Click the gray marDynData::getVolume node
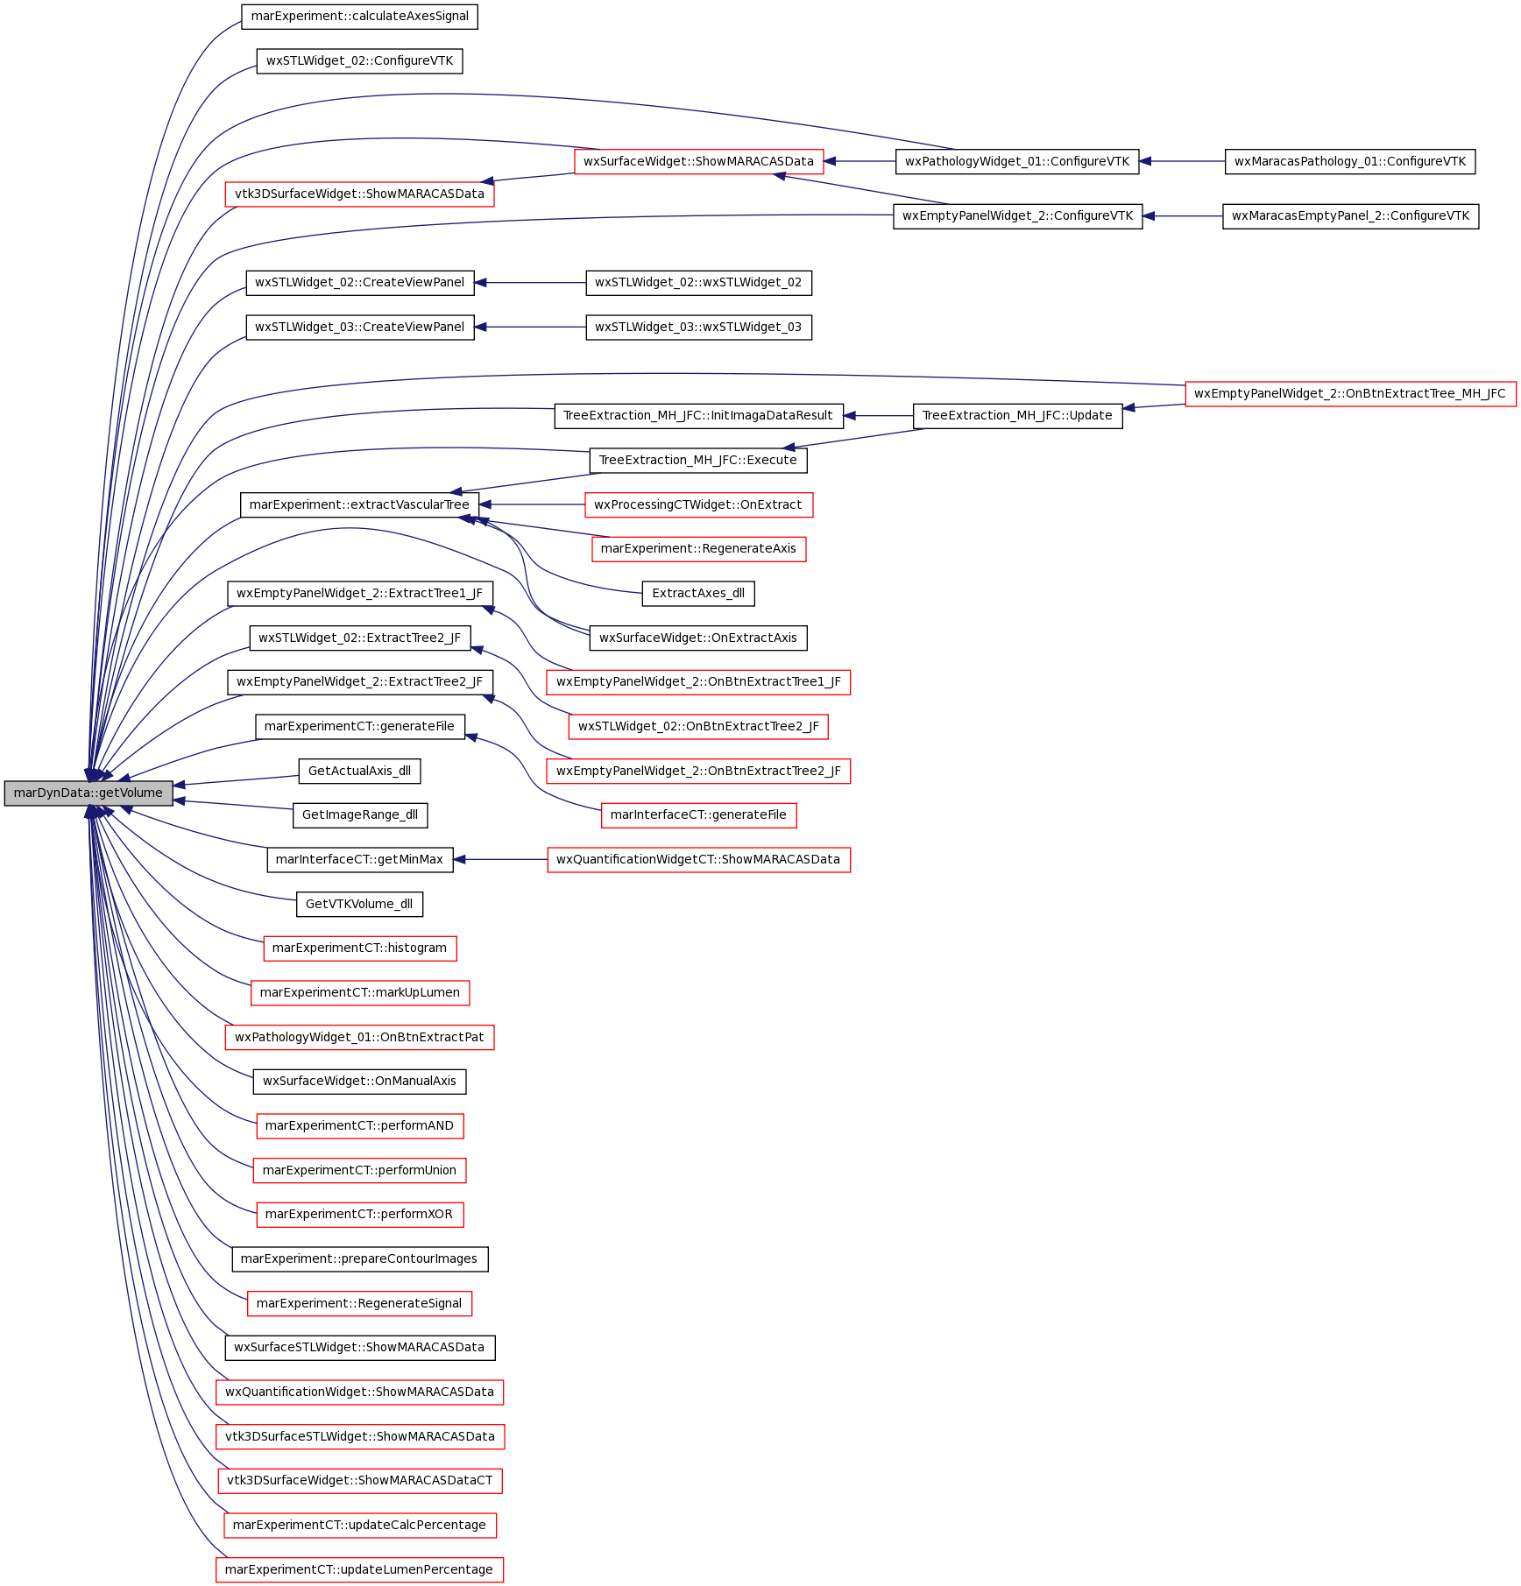88,793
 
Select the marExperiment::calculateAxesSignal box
359,17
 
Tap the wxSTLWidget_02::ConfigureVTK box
359,61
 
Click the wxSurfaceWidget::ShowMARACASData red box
698,161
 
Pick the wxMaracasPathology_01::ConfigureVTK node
1350,161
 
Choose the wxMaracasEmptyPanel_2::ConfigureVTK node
1350,216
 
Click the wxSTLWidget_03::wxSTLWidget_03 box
698,328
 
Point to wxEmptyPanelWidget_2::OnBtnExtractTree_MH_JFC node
1350,394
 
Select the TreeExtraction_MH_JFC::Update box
1017,416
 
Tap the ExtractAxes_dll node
698,594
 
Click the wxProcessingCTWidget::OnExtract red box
698,505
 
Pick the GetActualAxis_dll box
359,772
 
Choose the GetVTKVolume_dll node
359,905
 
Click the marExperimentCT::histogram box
359,948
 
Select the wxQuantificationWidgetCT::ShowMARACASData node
698,860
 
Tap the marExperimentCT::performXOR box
359,1215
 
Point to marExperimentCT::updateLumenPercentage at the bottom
359,1570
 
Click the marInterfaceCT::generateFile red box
698,815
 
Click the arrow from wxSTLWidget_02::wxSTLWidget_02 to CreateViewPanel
530,283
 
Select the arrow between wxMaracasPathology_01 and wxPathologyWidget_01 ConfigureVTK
1182,161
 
